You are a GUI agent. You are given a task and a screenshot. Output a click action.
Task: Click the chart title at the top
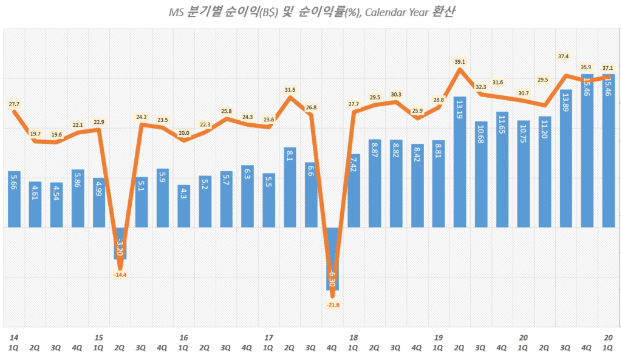(310, 12)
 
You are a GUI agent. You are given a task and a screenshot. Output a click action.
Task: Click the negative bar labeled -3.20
(120, 243)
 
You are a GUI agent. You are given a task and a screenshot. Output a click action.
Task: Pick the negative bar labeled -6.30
(332, 259)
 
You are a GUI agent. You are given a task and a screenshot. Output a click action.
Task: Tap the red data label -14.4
(120, 275)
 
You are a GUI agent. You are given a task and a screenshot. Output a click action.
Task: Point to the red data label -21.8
(332, 304)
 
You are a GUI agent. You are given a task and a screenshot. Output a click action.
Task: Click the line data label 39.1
(460, 61)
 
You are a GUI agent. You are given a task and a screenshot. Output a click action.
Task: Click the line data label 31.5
(290, 90)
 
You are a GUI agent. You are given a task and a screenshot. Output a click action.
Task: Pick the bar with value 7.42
(354, 191)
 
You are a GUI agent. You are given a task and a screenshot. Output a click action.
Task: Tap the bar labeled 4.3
(183, 206)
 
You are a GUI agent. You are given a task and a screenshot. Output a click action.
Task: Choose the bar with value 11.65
(502, 169)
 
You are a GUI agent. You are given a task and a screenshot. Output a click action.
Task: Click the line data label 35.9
(587, 67)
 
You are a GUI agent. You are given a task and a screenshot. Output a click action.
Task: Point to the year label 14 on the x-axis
(13, 337)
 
